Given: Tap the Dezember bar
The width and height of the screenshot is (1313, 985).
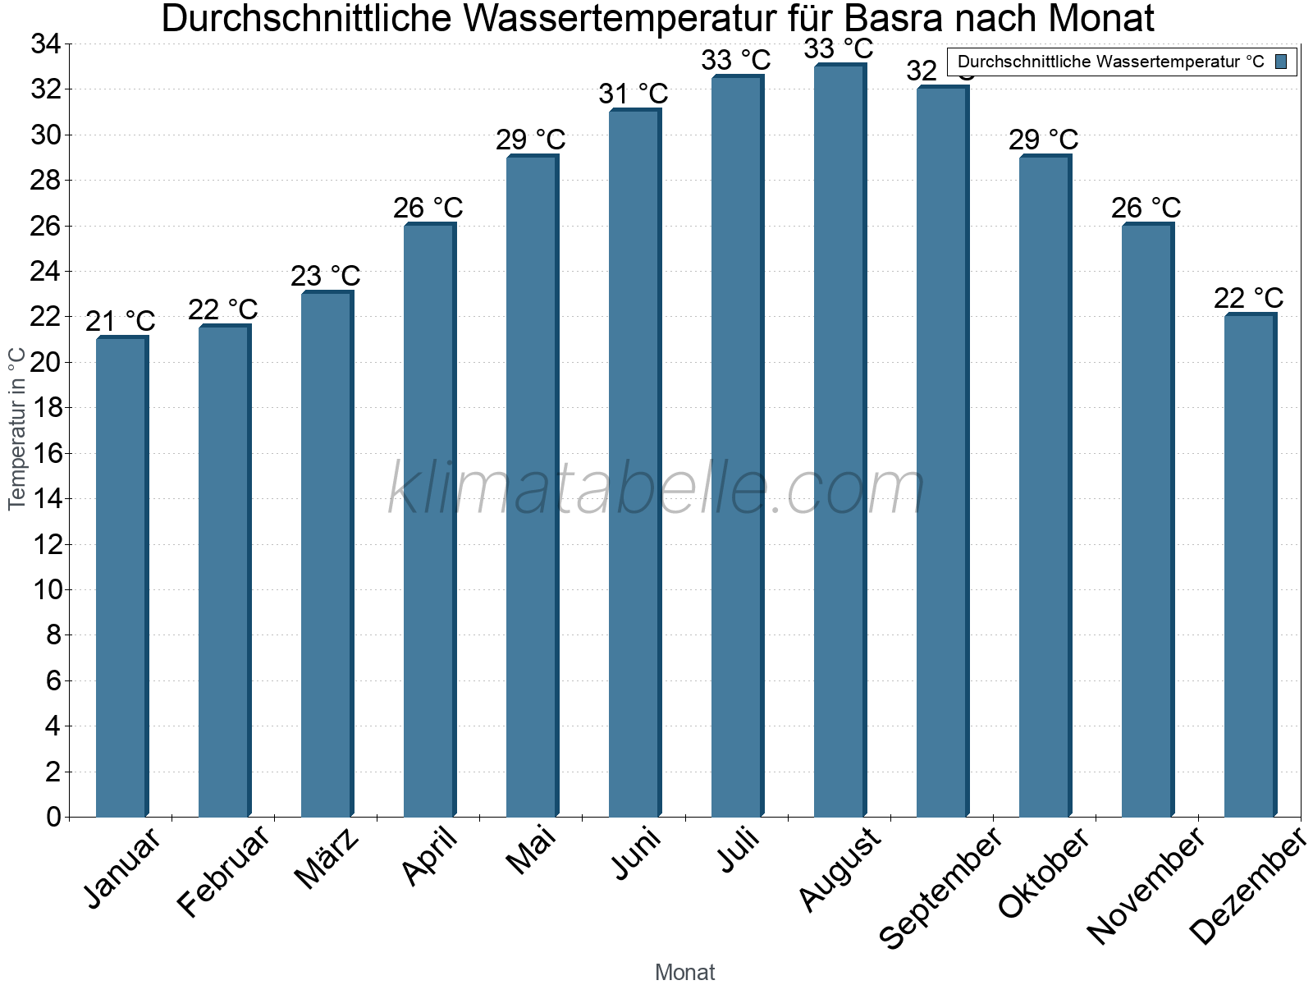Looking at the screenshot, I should click(x=1250, y=566).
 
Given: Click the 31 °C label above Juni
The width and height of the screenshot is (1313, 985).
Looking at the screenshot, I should click(x=634, y=94).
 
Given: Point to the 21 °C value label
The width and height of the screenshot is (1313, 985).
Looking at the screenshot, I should click(x=121, y=322).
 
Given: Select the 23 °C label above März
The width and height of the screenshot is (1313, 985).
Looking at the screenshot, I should click(x=326, y=277).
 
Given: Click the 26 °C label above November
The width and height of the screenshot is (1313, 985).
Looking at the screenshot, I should click(x=1146, y=208).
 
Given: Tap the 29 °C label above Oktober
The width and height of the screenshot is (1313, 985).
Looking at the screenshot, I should click(x=1044, y=140).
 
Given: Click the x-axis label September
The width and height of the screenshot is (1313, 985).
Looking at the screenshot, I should click(x=940, y=887).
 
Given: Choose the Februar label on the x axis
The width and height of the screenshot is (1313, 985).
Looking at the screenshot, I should click(x=223, y=870).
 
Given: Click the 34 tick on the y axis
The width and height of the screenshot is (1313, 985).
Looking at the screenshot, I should click(x=46, y=44).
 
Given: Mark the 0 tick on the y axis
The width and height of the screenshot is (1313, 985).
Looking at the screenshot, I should click(x=53, y=817).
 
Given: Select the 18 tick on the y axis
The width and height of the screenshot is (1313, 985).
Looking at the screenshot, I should click(x=46, y=408).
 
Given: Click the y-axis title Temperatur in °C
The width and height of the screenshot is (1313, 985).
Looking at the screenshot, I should click(x=17, y=428).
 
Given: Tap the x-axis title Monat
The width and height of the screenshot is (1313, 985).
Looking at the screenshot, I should click(x=685, y=972).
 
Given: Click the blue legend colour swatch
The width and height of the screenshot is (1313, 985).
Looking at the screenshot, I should click(x=1281, y=62).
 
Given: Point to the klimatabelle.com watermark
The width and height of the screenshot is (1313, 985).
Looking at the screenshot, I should click(x=656, y=488).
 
